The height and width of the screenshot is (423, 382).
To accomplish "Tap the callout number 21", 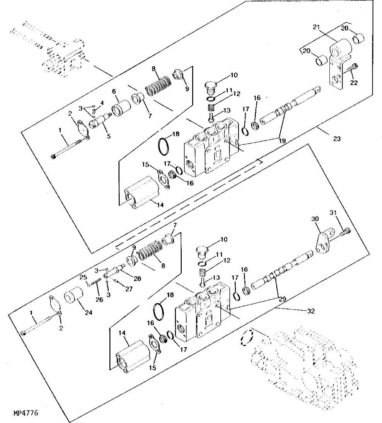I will coord(316,27).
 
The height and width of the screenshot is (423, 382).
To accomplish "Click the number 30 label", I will coord(316,219).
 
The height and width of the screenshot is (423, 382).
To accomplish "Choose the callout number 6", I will coord(114,91).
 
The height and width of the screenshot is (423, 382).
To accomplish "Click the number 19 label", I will coord(282,141).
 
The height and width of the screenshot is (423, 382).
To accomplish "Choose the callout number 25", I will coord(82,276).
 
